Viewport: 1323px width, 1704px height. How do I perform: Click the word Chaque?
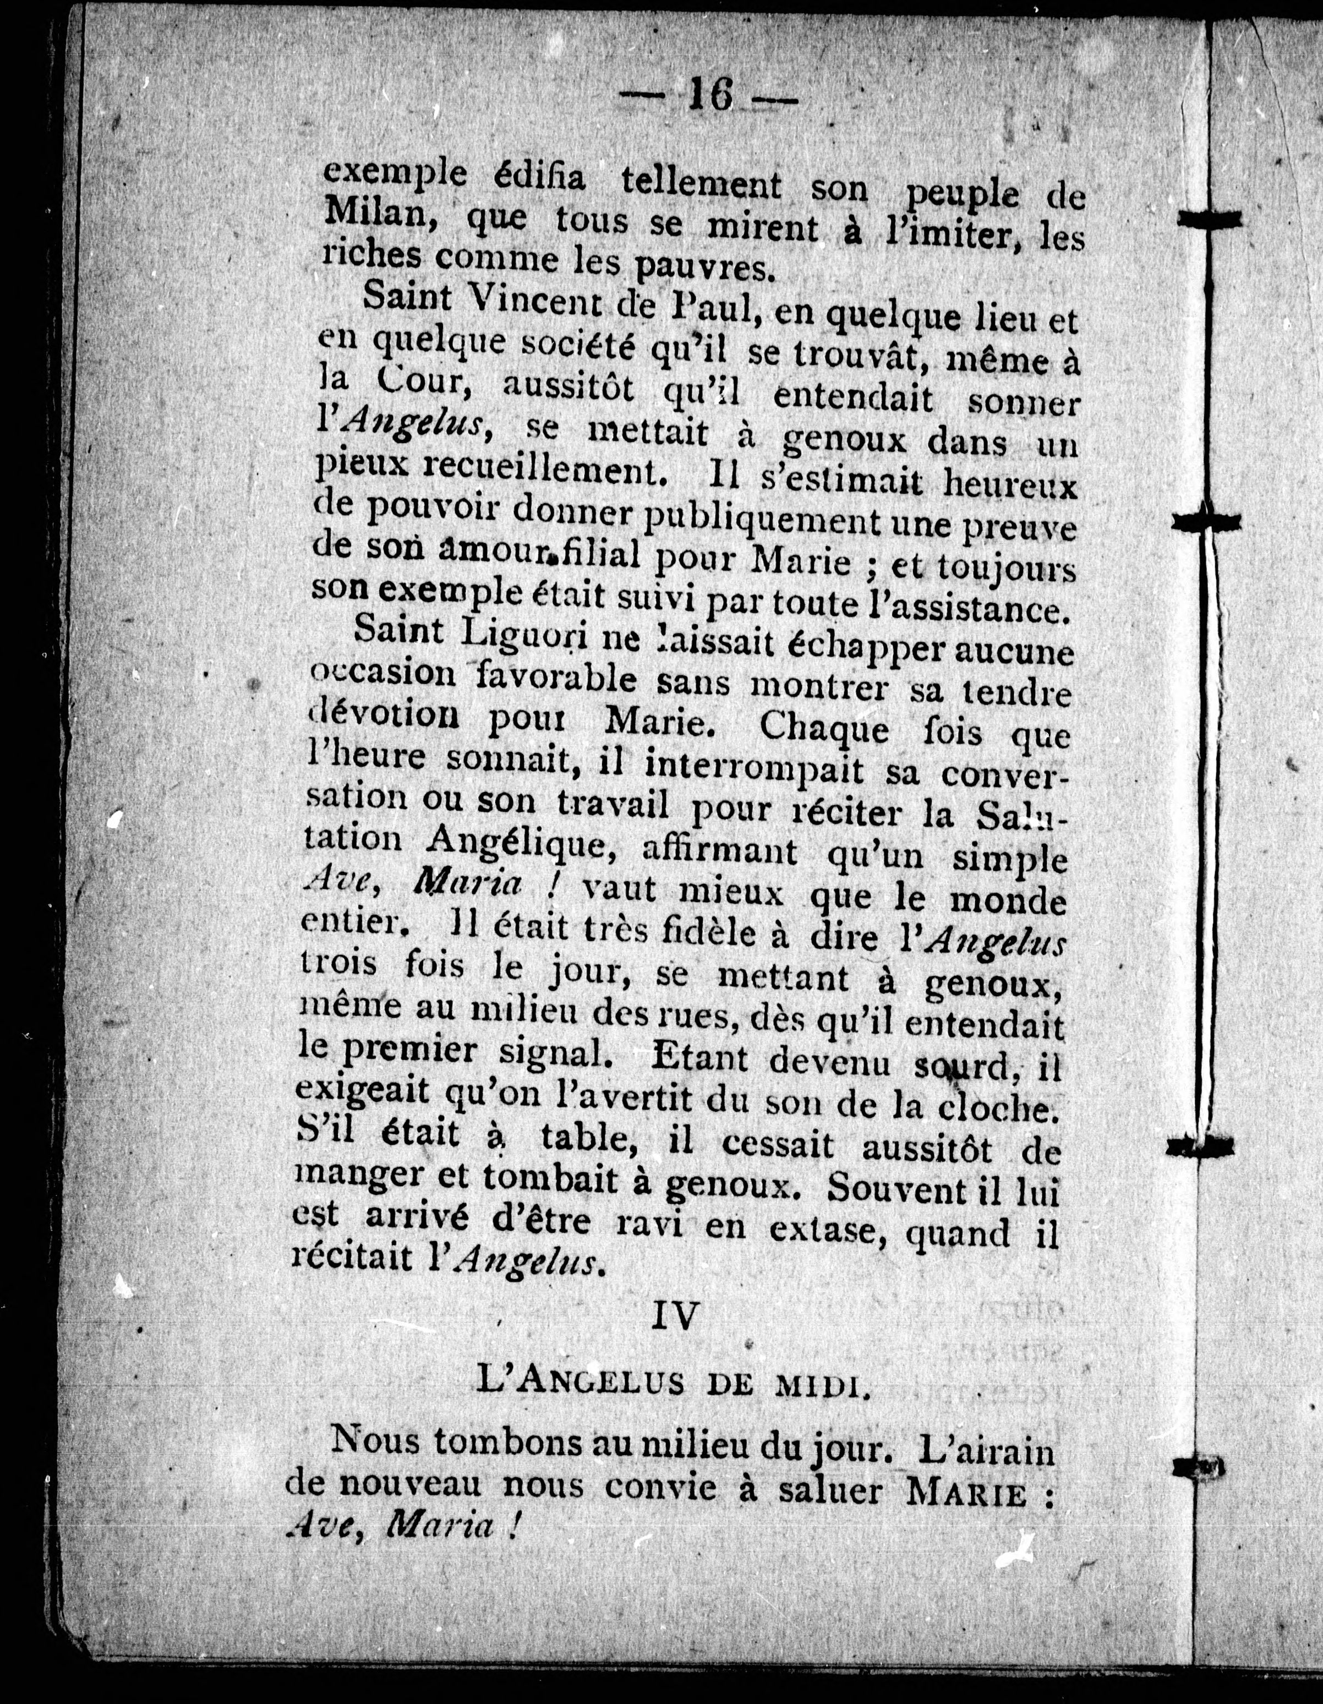point(824,729)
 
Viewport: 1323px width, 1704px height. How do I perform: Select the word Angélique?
point(520,843)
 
